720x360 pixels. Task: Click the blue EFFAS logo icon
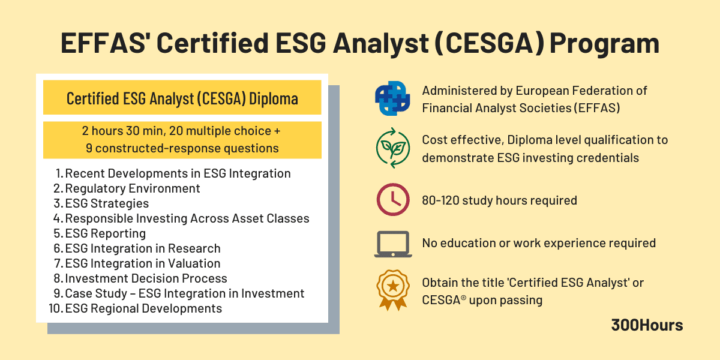tap(392, 99)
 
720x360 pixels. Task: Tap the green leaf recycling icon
tap(392, 148)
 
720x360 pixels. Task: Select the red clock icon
tap(392, 200)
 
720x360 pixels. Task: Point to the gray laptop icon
tap(392, 244)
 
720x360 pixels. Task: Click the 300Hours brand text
tap(647, 325)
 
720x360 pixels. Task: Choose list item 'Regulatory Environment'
tap(133, 188)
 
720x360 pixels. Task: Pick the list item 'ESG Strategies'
tap(107, 203)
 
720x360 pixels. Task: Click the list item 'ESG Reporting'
tap(105, 233)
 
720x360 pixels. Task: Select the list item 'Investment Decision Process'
tap(146, 278)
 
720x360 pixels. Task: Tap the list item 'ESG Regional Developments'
tap(143, 308)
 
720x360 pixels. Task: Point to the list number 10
tap(56, 308)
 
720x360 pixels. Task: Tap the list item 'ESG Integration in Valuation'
tap(142, 263)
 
